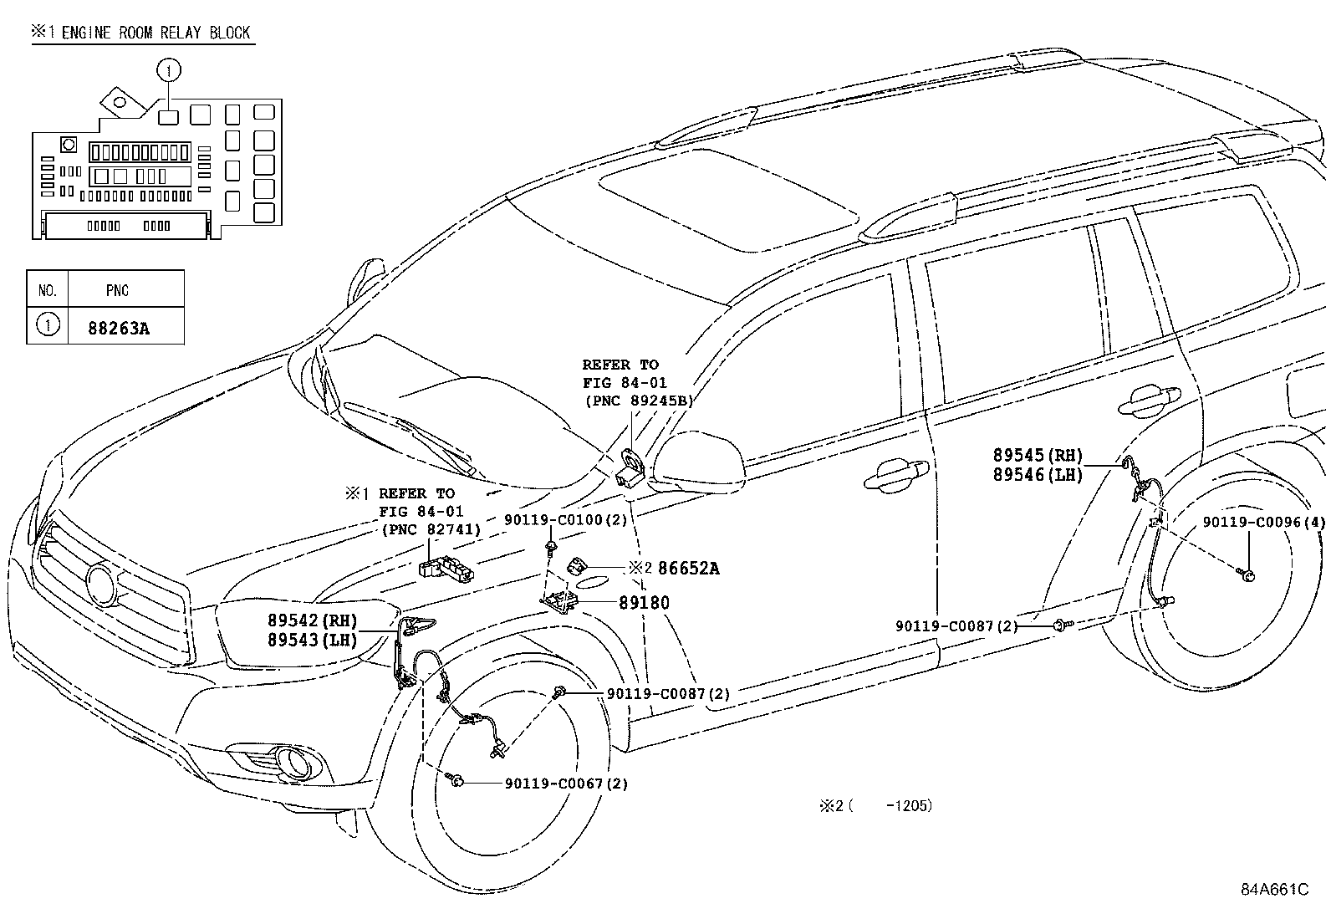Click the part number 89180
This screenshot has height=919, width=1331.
(x=644, y=602)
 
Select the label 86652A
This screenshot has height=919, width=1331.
(x=688, y=569)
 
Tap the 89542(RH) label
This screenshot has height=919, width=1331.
(x=312, y=620)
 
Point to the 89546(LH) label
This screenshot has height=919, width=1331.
(x=1038, y=475)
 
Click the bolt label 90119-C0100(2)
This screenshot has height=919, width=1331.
(x=565, y=519)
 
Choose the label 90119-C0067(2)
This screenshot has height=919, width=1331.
(x=566, y=784)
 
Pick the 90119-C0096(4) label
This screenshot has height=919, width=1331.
(x=1263, y=522)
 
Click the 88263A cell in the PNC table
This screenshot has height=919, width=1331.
(x=118, y=328)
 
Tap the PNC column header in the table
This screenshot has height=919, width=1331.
(x=117, y=291)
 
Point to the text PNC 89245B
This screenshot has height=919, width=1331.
(x=639, y=401)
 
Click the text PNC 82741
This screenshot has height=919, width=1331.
(x=431, y=528)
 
